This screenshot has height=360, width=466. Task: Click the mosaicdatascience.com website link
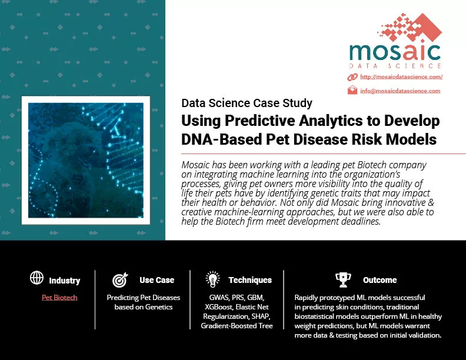point(401,77)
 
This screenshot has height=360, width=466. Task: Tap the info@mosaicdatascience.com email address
point(400,91)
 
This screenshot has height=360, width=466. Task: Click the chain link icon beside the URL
point(352,77)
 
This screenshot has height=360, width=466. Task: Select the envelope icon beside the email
point(352,90)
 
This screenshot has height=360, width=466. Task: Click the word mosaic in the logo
point(395,52)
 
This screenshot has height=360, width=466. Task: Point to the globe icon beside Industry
point(37,278)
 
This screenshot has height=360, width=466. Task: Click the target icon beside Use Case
point(120,279)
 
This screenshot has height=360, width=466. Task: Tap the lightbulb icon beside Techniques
point(212,279)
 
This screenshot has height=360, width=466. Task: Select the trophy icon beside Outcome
point(343,279)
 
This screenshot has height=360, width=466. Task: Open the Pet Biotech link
point(59,297)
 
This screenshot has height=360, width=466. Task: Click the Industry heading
point(65,281)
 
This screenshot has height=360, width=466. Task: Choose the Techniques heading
point(250,280)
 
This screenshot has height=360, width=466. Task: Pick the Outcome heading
point(380,280)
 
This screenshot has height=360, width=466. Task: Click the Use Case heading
point(157,280)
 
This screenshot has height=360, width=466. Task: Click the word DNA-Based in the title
point(221,139)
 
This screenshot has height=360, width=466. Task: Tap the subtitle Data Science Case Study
point(247,103)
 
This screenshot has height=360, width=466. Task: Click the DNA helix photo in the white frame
point(86,161)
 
